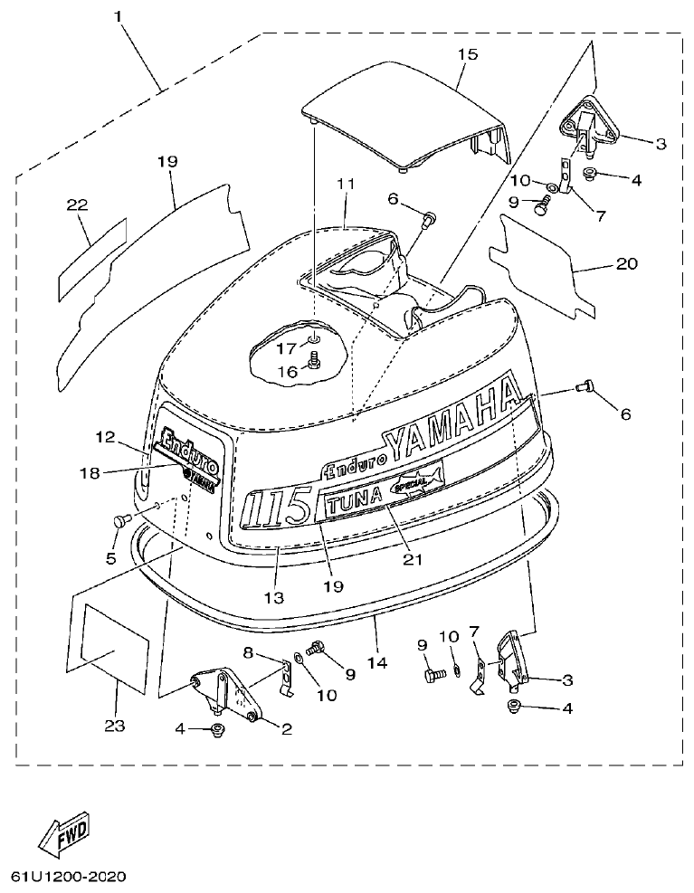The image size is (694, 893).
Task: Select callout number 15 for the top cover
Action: coord(466,54)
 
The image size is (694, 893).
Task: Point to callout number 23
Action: coord(115,725)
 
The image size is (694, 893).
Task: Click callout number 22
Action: coord(77,205)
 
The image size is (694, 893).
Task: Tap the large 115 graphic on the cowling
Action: coord(279,509)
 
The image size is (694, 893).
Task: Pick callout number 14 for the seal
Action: coord(377,662)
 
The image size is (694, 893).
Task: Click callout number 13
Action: coord(273,598)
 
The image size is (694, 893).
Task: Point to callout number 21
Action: coord(413,559)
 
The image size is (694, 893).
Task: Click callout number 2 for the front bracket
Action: coord(287,728)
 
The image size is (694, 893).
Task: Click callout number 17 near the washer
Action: coord(287,347)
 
